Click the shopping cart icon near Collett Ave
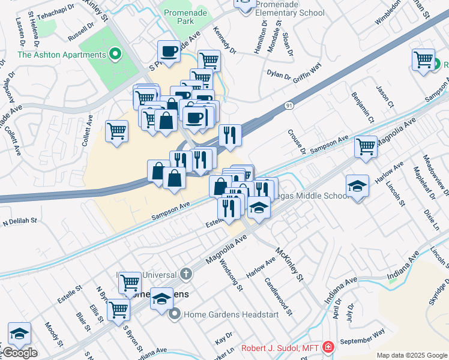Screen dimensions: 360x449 (x=116, y=131)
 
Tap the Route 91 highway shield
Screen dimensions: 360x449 (x=289, y=106)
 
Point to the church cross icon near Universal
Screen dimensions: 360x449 (x=187, y=274)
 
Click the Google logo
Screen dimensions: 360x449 (x=19, y=353)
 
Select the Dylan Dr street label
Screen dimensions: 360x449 (x=279, y=77)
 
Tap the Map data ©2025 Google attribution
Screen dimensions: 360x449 (x=411, y=355)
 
